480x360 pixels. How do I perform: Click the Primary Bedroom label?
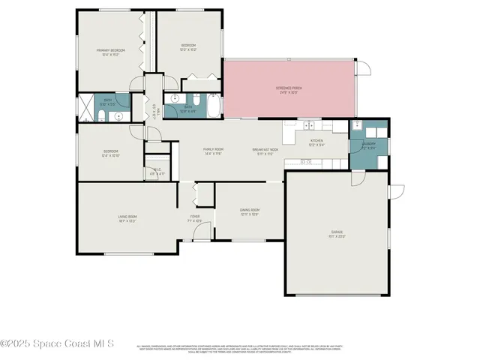pos(110,52)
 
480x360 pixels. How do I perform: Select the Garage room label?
pos(337,234)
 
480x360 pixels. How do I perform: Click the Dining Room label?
pos(249,212)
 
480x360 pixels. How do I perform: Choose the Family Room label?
pos(214,151)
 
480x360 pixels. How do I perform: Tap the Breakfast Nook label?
pos(265,151)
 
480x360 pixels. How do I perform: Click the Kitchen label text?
pos(317,142)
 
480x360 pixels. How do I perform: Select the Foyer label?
pos(194,219)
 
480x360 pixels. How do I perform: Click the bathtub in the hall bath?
pos(213,106)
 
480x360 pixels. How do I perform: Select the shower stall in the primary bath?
pos(87,103)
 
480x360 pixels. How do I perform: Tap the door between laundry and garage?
pos(357,177)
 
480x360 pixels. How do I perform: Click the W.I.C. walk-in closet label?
pos(157,171)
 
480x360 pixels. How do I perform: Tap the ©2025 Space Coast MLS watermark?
pos(58,344)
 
